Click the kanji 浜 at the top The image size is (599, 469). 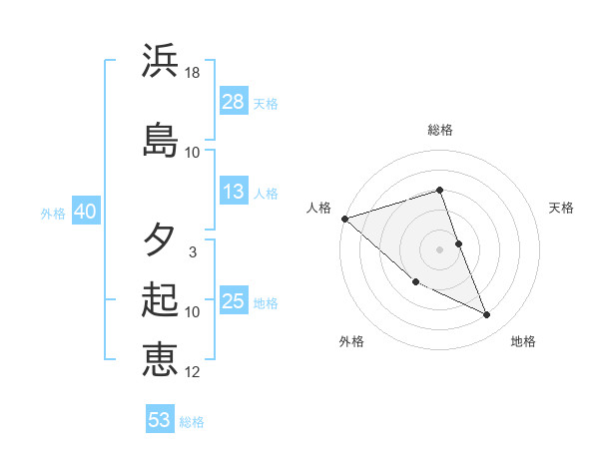160,61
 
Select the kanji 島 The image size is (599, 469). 160,140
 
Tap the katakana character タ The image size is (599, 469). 160,240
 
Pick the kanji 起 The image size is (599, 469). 160,300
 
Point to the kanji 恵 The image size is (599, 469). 160,359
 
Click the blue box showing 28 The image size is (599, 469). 234,102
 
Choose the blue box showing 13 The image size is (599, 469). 234,192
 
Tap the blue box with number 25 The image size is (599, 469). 234,301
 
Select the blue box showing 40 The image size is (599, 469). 84,212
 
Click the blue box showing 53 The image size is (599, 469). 160,420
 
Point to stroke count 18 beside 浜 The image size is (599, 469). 193,73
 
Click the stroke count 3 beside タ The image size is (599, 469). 193,252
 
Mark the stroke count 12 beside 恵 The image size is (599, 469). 193,372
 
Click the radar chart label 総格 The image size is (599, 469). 440,130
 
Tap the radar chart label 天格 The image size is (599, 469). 562,208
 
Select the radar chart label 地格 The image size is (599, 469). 523,341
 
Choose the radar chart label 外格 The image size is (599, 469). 351,341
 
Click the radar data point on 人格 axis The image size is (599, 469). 344,219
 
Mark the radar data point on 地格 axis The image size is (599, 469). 487,315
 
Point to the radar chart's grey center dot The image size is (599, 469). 440,248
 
